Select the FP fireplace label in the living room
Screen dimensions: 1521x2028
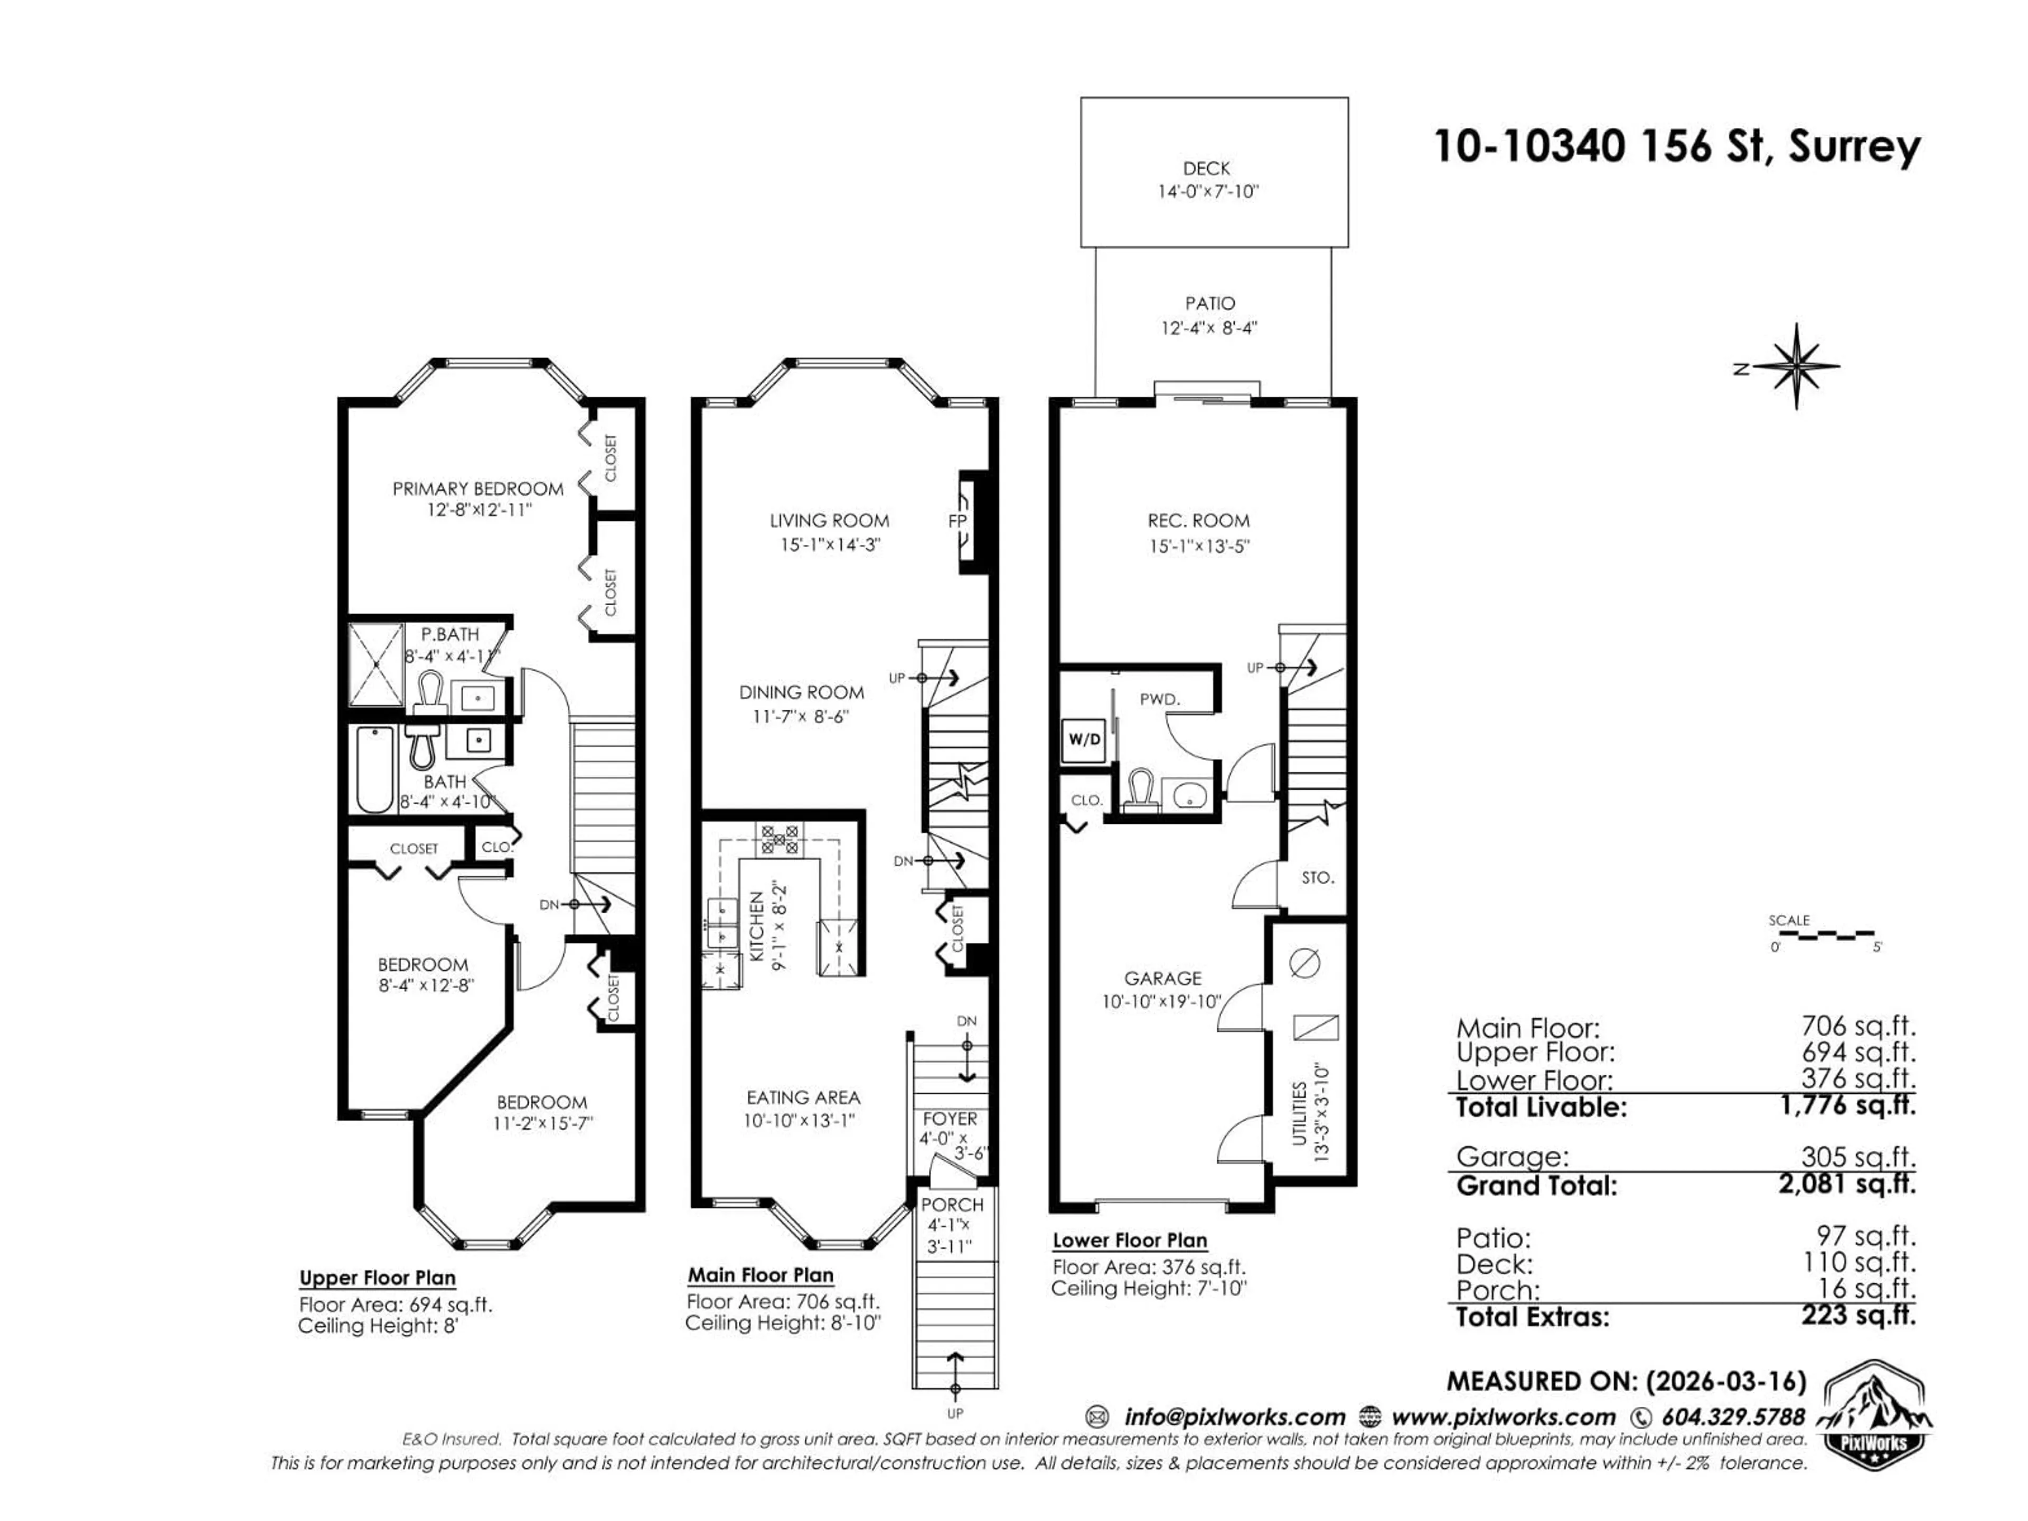tap(957, 521)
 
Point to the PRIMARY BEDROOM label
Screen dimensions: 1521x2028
tap(477, 489)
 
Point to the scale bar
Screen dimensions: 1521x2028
tap(1821, 935)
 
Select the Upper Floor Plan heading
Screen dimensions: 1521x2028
tap(377, 1278)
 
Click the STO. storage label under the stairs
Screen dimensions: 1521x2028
tap(1318, 877)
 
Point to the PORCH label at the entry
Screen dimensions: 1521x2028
tap(952, 1205)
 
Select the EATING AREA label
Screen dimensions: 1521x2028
tap(803, 1097)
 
